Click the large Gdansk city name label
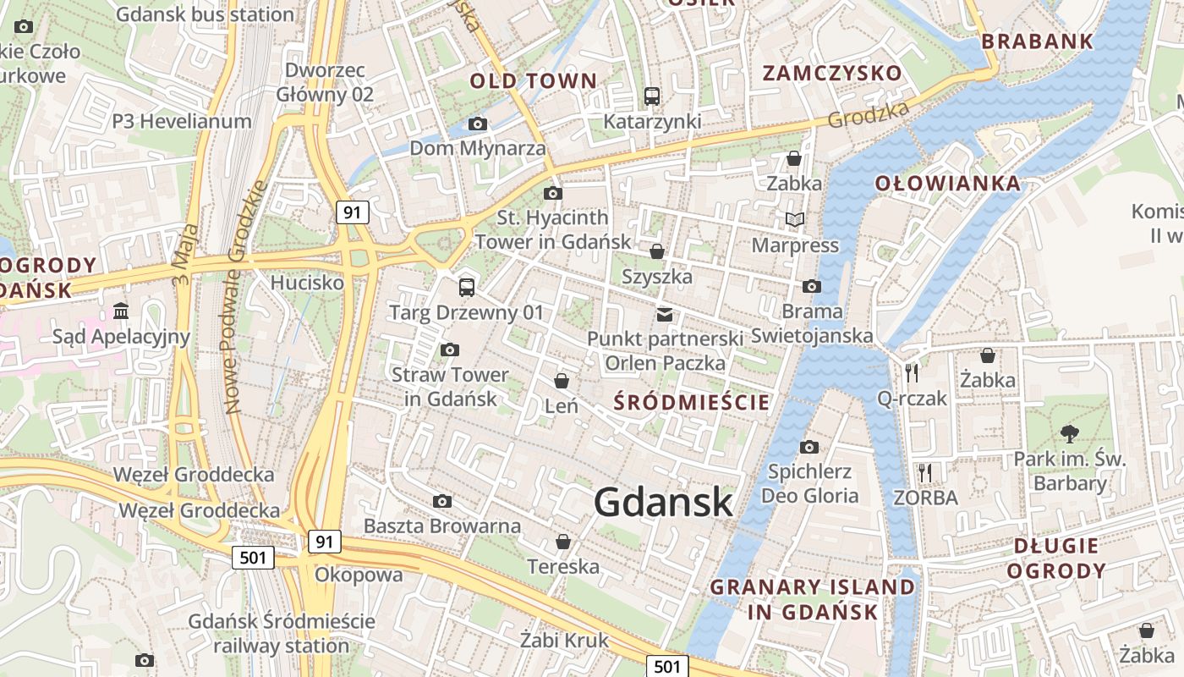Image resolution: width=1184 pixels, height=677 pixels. point(663,503)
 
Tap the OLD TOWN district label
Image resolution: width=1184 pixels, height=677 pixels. point(533,81)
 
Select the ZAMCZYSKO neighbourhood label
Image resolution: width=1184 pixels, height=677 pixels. point(832,73)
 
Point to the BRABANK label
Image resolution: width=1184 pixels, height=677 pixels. point(1038,41)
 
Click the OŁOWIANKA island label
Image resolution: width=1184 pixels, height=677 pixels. point(947,184)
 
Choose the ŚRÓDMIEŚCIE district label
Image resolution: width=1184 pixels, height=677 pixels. point(692,402)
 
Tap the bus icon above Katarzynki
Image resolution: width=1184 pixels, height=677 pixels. point(651,96)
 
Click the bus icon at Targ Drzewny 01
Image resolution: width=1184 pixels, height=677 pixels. point(467,288)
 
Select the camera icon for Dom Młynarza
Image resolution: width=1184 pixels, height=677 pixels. point(478,124)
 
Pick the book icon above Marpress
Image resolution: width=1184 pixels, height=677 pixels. point(794,220)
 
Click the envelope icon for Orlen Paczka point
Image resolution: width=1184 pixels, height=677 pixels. point(666,315)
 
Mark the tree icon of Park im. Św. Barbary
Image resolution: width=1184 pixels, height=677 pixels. point(1070,434)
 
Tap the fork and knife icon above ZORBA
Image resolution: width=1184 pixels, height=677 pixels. point(925,472)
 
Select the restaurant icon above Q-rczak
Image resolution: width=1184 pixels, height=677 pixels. point(911,372)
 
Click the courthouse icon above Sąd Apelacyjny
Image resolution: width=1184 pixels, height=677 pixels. point(121,311)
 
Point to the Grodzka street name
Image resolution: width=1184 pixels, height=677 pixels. point(869,115)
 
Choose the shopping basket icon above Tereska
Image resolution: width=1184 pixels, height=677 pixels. point(562,542)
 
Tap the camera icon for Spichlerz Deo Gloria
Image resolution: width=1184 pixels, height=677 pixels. point(809,447)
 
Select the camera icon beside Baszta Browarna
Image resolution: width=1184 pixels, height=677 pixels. point(441,502)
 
